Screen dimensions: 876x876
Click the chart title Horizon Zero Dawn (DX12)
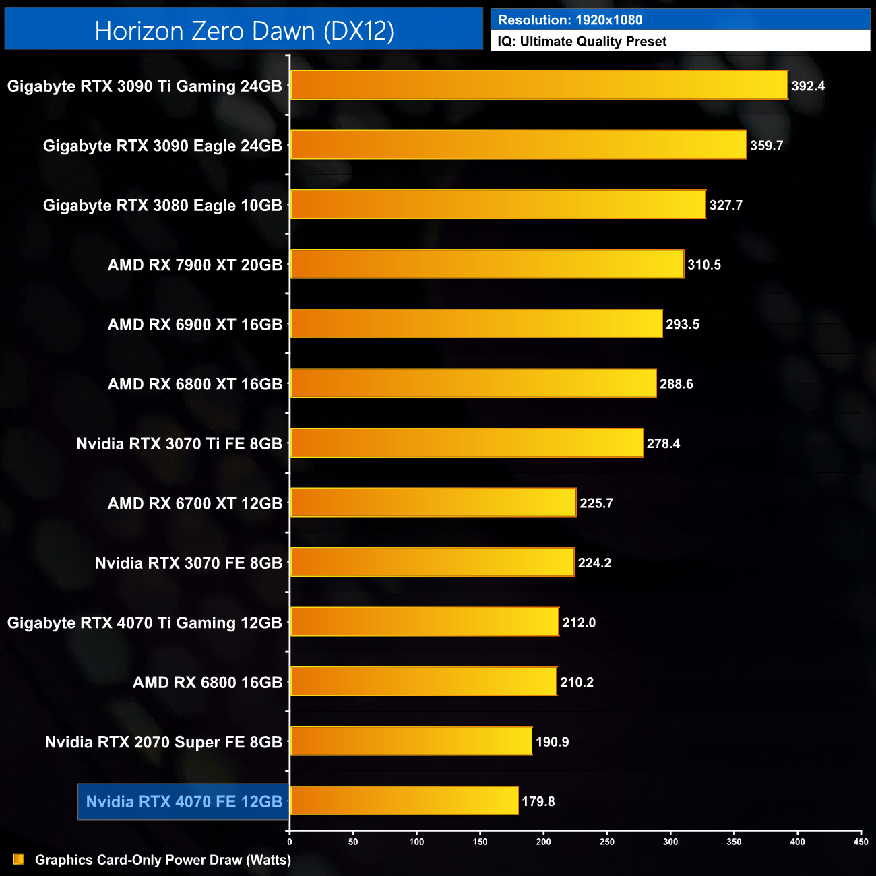[244, 31]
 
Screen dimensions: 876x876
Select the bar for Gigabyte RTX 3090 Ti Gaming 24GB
[539, 86]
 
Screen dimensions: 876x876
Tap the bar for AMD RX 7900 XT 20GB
[487, 264]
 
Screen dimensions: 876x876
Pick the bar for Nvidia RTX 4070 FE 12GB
[404, 801]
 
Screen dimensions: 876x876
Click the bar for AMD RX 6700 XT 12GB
[433, 503]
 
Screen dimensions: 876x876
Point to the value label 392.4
[808, 86]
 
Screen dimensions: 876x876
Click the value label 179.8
[538, 801]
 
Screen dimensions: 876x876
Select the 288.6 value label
[676, 384]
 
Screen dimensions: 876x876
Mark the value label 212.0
[579, 623]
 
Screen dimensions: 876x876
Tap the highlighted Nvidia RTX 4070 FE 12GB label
[184, 801]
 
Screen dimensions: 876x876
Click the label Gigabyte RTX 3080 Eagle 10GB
[162, 206]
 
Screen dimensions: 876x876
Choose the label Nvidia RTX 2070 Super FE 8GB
[164, 742]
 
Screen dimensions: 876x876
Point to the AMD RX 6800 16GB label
[208, 683]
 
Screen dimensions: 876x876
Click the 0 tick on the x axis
[290, 842]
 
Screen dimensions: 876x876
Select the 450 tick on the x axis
[861, 842]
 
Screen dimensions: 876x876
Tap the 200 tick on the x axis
[544, 842]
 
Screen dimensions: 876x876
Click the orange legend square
[19, 859]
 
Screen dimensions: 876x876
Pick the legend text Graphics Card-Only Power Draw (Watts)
[163, 860]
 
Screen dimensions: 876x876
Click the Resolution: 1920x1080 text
[570, 20]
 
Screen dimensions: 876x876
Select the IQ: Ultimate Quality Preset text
[582, 42]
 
